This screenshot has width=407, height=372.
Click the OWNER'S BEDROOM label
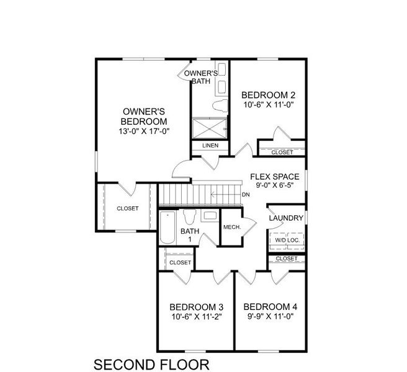tap(144, 116)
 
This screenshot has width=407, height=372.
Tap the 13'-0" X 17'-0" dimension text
tap(144, 131)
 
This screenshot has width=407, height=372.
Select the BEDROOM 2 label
tap(268, 95)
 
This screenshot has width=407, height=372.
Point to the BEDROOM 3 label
tap(197, 308)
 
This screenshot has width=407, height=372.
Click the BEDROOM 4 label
tap(271, 308)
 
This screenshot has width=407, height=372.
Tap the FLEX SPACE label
tap(274, 176)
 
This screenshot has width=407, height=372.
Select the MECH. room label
tap(232, 227)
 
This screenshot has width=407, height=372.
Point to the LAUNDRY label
tap(286, 218)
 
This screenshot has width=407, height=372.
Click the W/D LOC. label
tap(286, 240)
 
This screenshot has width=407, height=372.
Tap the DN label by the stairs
tap(246, 194)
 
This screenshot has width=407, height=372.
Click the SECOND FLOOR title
tap(143, 363)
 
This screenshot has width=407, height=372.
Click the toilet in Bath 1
tap(190, 218)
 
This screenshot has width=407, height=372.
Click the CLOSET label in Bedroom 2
tap(282, 152)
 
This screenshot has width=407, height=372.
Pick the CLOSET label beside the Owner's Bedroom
tap(128, 208)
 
